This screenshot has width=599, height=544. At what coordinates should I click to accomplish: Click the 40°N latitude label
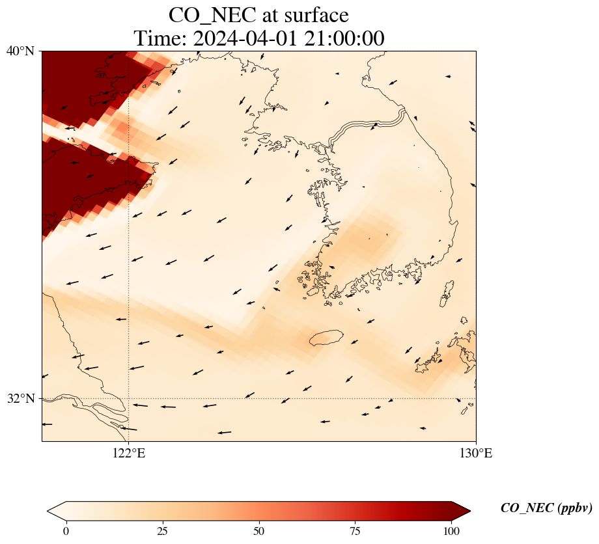[20, 51]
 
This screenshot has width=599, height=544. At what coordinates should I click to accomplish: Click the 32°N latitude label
[20, 398]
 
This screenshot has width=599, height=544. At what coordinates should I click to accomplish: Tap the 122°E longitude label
[129, 454]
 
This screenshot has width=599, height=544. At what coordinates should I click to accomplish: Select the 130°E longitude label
[476, 454]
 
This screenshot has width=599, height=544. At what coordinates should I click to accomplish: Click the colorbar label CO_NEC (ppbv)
[546, 508]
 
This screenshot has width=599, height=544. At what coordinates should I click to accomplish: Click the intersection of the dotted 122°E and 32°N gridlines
[129, 398]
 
